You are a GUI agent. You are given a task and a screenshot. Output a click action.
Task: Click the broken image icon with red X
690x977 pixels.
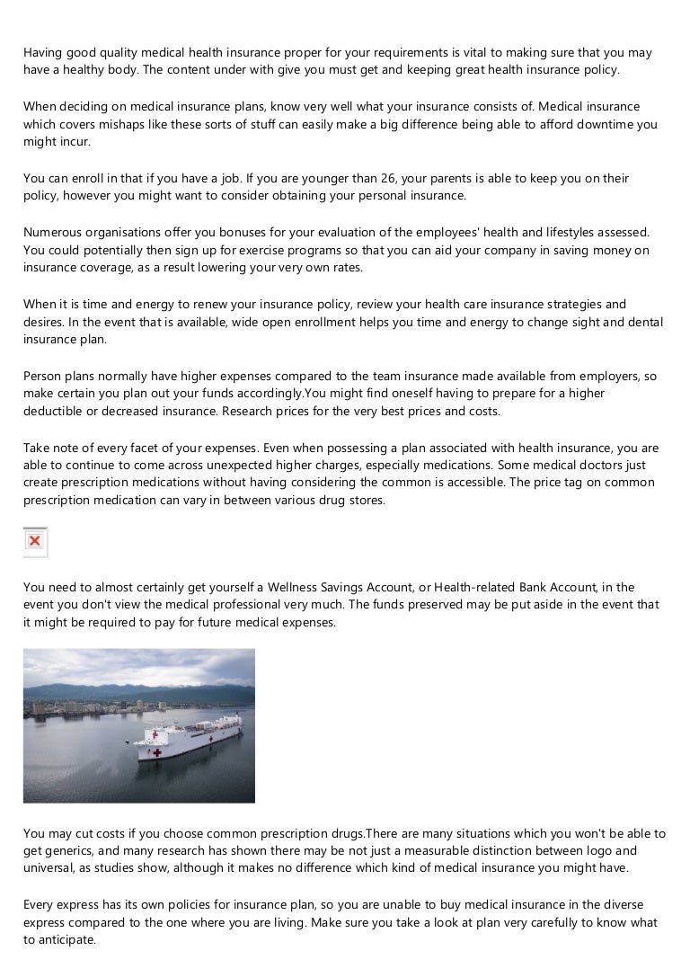[x=35, y=541]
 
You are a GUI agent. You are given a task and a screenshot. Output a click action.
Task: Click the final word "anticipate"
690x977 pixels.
[x=64, y=940]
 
